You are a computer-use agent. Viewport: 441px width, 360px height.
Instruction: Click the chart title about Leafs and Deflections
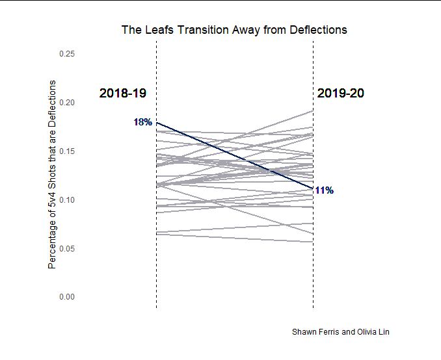pos(234,30)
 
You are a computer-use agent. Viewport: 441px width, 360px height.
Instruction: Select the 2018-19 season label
pos(123,94)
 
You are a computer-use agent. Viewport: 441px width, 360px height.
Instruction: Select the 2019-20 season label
pos(341,94)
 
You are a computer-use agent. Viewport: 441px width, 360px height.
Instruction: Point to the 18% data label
pos(142,122)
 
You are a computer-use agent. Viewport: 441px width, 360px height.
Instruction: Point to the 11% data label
pos(324,190)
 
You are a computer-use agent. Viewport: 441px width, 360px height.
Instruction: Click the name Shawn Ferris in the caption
pos(315,332)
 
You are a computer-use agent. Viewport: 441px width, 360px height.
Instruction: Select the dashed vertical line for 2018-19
pos(157,260)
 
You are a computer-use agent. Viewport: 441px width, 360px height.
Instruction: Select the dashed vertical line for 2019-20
pos(314,260)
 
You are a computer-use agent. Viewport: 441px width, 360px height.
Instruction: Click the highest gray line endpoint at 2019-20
pos(313,111)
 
